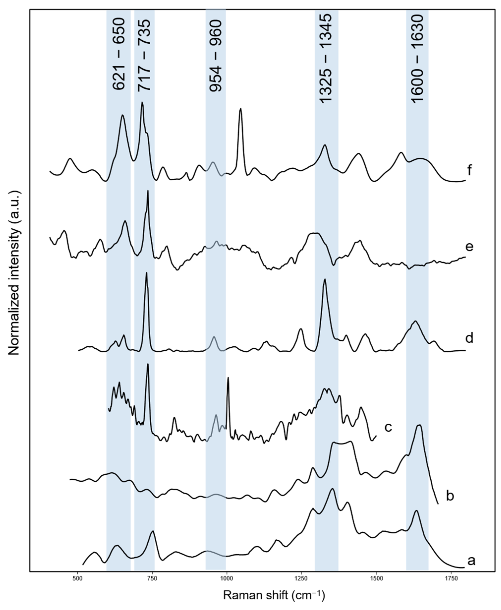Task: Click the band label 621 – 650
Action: pyautogui.click(x=119, y=54)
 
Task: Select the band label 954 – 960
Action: pyautogui.click(x=216, y=56)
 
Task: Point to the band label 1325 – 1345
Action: pyautogui.click(x=326, y=58)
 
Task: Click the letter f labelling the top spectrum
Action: pyautogui.click(x=470, y=170)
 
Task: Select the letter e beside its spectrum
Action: pyautogui.click(x=470, y=247)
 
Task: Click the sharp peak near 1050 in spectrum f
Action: pyautogui.click(x=241, y=109)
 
